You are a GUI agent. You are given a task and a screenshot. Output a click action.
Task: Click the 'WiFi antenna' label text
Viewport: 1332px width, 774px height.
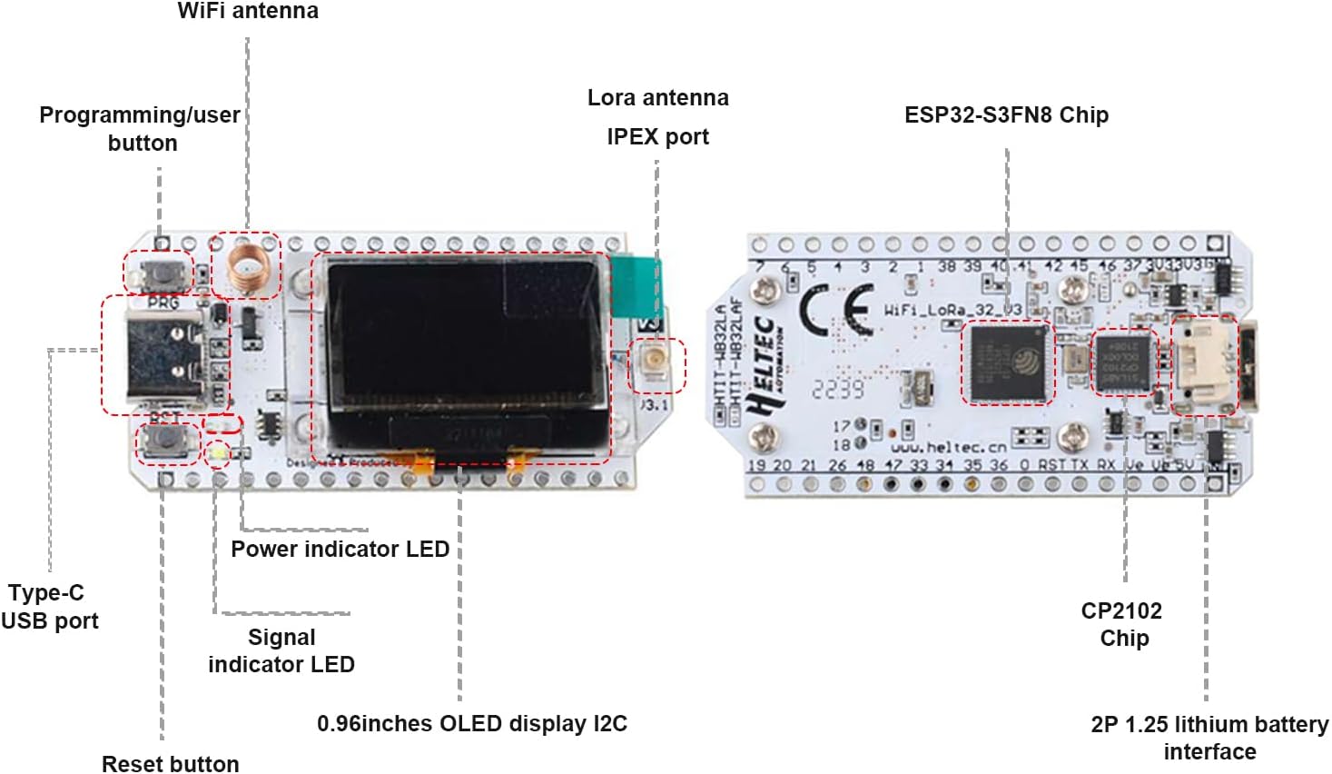tap(247, 12)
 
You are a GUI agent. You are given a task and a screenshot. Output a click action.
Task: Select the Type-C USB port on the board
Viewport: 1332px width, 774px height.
tap(163, 354)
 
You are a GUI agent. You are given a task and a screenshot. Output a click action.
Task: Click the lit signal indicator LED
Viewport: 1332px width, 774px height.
tap(218, 451)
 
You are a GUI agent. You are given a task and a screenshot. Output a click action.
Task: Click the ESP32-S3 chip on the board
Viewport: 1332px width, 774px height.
tap(1007, 362)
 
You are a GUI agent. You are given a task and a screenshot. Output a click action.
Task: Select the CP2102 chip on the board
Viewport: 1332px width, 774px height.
tap(1124, 362)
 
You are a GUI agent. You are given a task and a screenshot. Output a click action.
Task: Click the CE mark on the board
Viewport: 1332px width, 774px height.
tap(835, 309)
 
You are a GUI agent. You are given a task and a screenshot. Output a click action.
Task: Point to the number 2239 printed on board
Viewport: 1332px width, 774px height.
tap(837, 389)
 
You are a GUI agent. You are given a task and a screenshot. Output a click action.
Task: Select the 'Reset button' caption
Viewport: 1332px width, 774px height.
tap(171, 763)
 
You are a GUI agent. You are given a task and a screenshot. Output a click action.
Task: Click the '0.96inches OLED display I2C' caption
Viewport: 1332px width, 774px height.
tap(471, 724)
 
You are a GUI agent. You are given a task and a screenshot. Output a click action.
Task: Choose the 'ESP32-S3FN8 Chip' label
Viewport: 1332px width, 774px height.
tap(1006, 115)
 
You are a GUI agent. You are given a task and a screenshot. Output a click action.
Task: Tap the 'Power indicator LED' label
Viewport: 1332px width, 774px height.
tap(340, 549)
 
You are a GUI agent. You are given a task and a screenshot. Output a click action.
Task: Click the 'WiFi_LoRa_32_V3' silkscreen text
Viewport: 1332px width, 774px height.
tap(953, 310)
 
